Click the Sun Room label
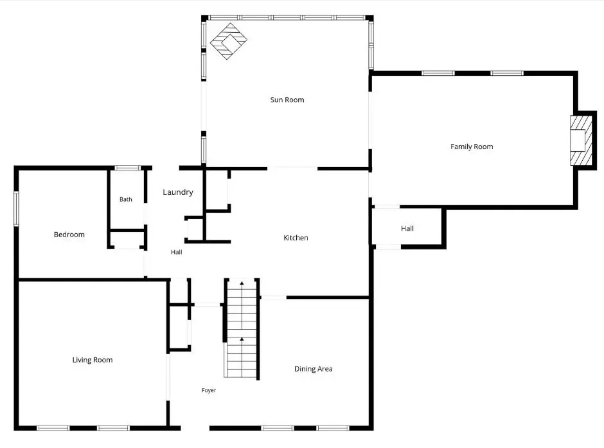[x=287, y=100]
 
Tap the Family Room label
[x=472, y=147]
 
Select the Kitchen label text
[x=296, y=238]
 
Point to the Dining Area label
[x=313, y=369]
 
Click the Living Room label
[x=93, y=360]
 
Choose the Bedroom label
[x=69, y=235]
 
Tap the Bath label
[x=125, y=199]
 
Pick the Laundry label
[x=177, y=192]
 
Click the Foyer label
[x=208, y=390]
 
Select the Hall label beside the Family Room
[x=407, y=228]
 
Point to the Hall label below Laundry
[x=177, y=252]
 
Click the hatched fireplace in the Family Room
[x=581, y=140]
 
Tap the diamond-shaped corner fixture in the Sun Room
[x=228, y=41]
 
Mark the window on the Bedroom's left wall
[x=16, y=208]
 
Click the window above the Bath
[x=127, y=168]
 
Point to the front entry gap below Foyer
[x=195, y=428]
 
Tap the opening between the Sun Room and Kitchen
[x=292, y=168]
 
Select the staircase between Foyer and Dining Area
[x=242, y=328]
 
